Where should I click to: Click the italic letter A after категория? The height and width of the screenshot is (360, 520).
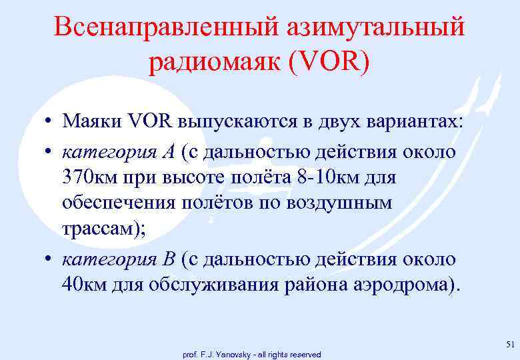[x=167, y=151]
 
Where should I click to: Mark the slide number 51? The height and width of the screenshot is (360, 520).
[x=510, y=344]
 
